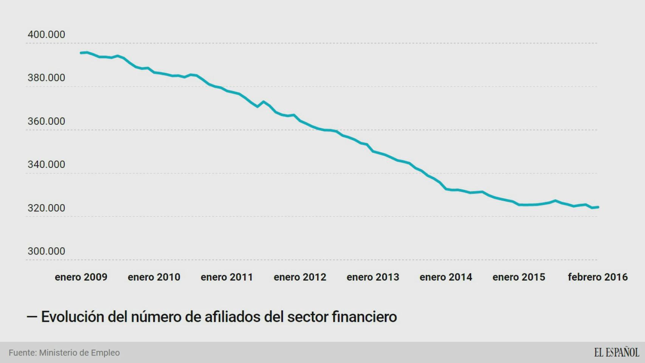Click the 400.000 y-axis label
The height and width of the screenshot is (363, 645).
click(46, 34)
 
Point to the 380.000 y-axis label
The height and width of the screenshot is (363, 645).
click(46, 78)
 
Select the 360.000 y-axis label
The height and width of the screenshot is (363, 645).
click(46, 121)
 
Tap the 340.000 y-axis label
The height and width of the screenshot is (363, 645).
click(46, 164)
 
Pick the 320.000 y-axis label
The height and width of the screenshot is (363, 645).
click(46, 208)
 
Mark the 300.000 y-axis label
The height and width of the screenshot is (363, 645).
click(46, 251)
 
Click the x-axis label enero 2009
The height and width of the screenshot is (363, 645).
click(81, 277)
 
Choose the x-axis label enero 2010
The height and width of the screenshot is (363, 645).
click(154, 277)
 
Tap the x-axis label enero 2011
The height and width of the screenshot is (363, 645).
click(227, 277)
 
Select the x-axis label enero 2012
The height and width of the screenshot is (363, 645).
click(300, 277)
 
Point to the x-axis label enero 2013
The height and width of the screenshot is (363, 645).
click(373, 277)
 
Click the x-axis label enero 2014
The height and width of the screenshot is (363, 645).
click(446, 277)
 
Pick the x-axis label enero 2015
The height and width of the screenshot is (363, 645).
click(519, 277)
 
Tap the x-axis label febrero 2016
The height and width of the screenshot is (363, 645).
click(597, 277)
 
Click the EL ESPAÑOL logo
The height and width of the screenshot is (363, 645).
click(616, 352)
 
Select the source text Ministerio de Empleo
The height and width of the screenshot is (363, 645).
click(79, 353)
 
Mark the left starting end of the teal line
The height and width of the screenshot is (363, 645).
click(81, 53)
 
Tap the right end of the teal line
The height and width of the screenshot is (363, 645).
click(598, 207)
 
